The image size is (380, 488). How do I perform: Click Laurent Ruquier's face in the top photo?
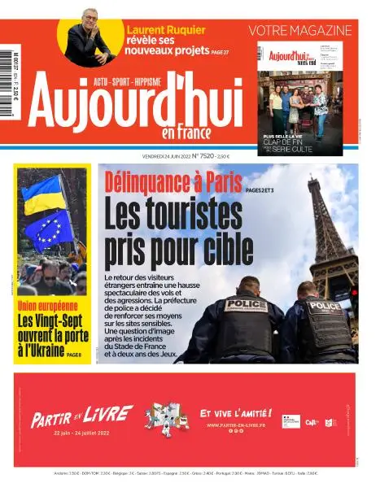[x=90, y=20]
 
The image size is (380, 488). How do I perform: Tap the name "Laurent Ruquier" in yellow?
[x=166, y=30]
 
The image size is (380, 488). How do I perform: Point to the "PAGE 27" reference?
[x=219, y=51]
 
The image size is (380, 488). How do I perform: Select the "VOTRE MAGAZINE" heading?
[x=299, y=31]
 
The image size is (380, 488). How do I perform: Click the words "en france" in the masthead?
[x=186, y=133]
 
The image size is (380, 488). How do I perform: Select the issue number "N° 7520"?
[x=202, y=155]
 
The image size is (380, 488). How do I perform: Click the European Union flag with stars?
[x=48, y=231]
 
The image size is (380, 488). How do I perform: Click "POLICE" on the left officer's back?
[x=246, y=304]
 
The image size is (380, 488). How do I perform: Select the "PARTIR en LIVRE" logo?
[x=81, y=417]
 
